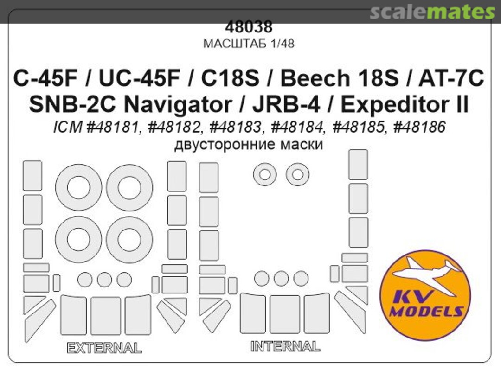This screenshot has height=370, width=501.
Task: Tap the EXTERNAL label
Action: pyautogui.click(x=104, y=348)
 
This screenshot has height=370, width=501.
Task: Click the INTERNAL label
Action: pyautogui.click(x=285, y=346)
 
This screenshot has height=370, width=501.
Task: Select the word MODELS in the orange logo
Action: pyautogui.click(x=425, y=311)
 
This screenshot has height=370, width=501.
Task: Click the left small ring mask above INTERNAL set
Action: pyautogui.click(x=264, y=175)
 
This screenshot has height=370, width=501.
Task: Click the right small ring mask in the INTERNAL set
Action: pyautogui.click(x=297, y=175)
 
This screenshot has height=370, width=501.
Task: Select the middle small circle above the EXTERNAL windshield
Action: pyautogui.click(x=104, y=279)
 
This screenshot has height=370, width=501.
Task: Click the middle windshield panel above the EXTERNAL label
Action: pyautogui.click(x=105, y=316)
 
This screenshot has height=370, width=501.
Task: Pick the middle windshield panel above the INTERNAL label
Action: pyautogui.click(x=285, y=313)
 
